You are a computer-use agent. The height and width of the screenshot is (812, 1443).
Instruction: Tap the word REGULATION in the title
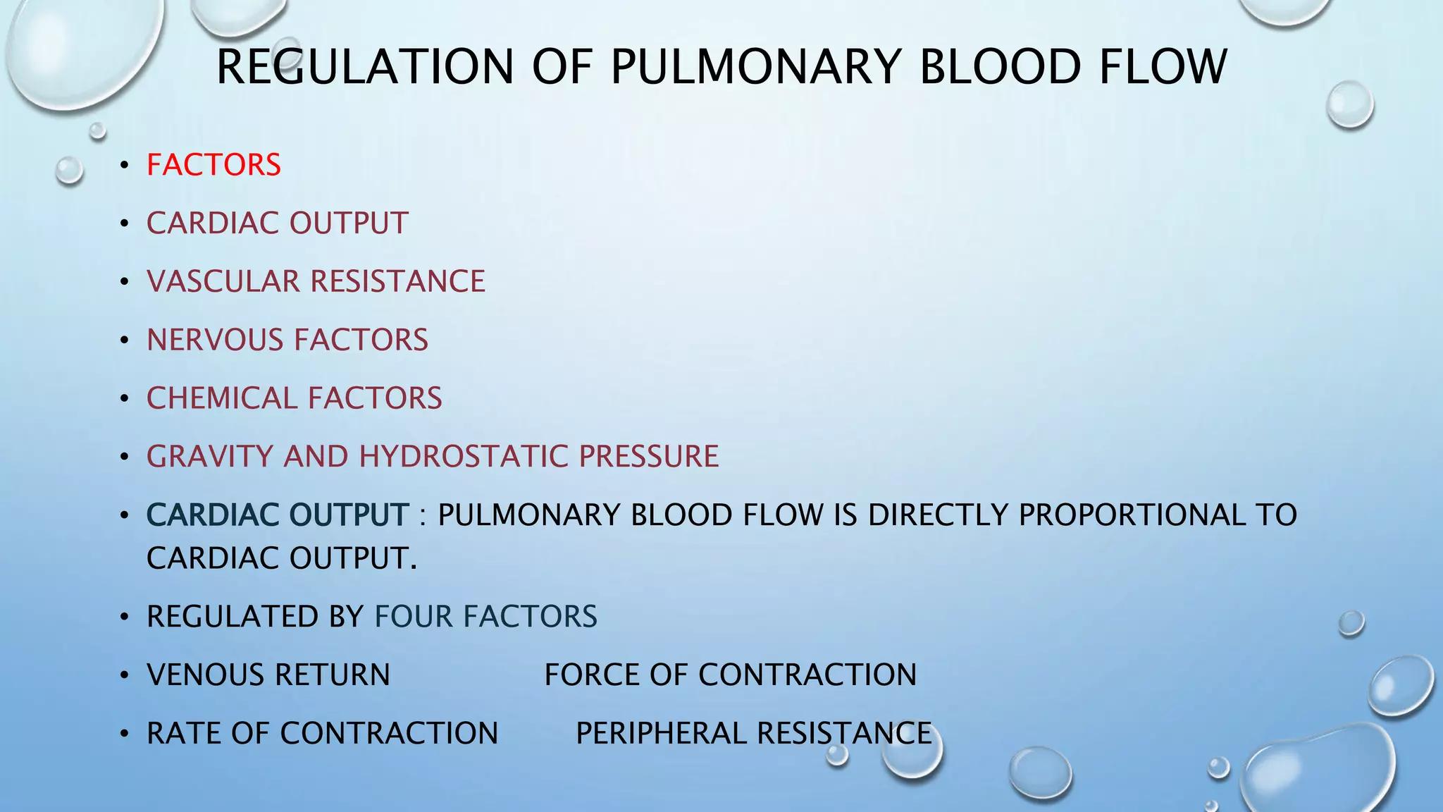tap(365, 67)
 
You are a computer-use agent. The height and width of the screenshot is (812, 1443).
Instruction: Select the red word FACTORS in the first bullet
tap(213, 165)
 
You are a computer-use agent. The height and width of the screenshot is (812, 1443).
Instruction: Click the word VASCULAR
tap(223, 281)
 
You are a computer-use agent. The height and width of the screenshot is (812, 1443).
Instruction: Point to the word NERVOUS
tap(215, 340)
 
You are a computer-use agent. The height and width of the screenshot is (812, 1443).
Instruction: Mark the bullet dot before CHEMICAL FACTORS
tap(125, 399)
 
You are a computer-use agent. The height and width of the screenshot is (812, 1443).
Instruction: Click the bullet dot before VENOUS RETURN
tap(125, 676)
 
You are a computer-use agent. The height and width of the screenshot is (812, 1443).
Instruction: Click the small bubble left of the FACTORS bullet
tap(69, 171)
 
